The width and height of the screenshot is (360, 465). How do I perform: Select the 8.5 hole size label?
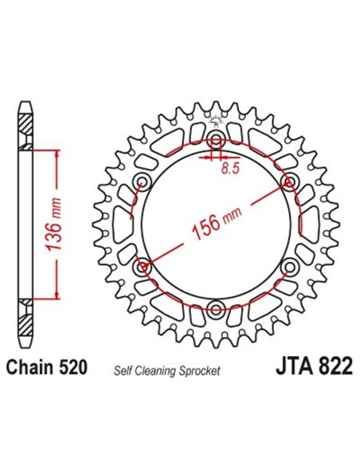[231, 168]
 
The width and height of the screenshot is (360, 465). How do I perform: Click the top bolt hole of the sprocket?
[216, 143]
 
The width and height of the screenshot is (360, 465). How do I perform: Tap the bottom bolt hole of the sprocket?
[216, 307]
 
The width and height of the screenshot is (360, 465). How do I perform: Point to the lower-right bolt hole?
[288, 267]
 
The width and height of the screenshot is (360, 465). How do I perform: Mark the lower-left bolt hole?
[144, 267]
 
